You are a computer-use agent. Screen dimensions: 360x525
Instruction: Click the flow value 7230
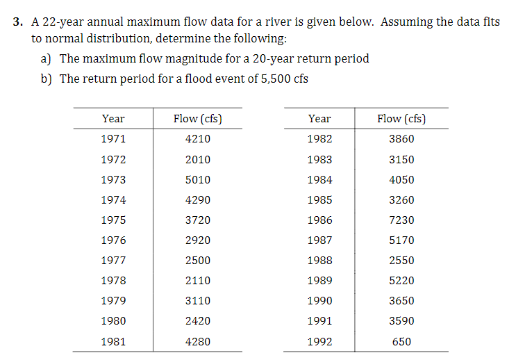(x=401, y=220)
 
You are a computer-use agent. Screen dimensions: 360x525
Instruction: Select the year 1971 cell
(x=113, y=138)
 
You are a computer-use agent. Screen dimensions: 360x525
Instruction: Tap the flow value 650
(x=401, y=342)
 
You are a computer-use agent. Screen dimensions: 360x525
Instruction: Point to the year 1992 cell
(x=319, y=342)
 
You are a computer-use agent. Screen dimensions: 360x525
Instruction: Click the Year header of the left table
(x=113, y=119)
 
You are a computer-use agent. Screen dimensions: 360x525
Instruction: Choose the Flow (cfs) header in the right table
(x=401, y=119)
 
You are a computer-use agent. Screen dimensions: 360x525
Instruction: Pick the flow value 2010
(x=198, y=159)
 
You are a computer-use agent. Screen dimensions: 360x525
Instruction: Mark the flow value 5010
(x=198, y=179)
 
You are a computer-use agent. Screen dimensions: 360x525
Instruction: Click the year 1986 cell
(x=319, y=220)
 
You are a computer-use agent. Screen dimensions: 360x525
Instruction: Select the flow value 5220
(x=401, y=281)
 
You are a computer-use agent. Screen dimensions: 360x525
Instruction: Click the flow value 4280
(x=198, y=342)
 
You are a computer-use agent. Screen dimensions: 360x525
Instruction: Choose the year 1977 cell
(x=113, y=261)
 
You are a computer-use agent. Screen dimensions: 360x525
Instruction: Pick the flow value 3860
(x=401, y=138)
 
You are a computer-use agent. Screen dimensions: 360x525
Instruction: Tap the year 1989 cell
(x=319, y=281)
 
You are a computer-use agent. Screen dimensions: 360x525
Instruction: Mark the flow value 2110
(x=198, y=281)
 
